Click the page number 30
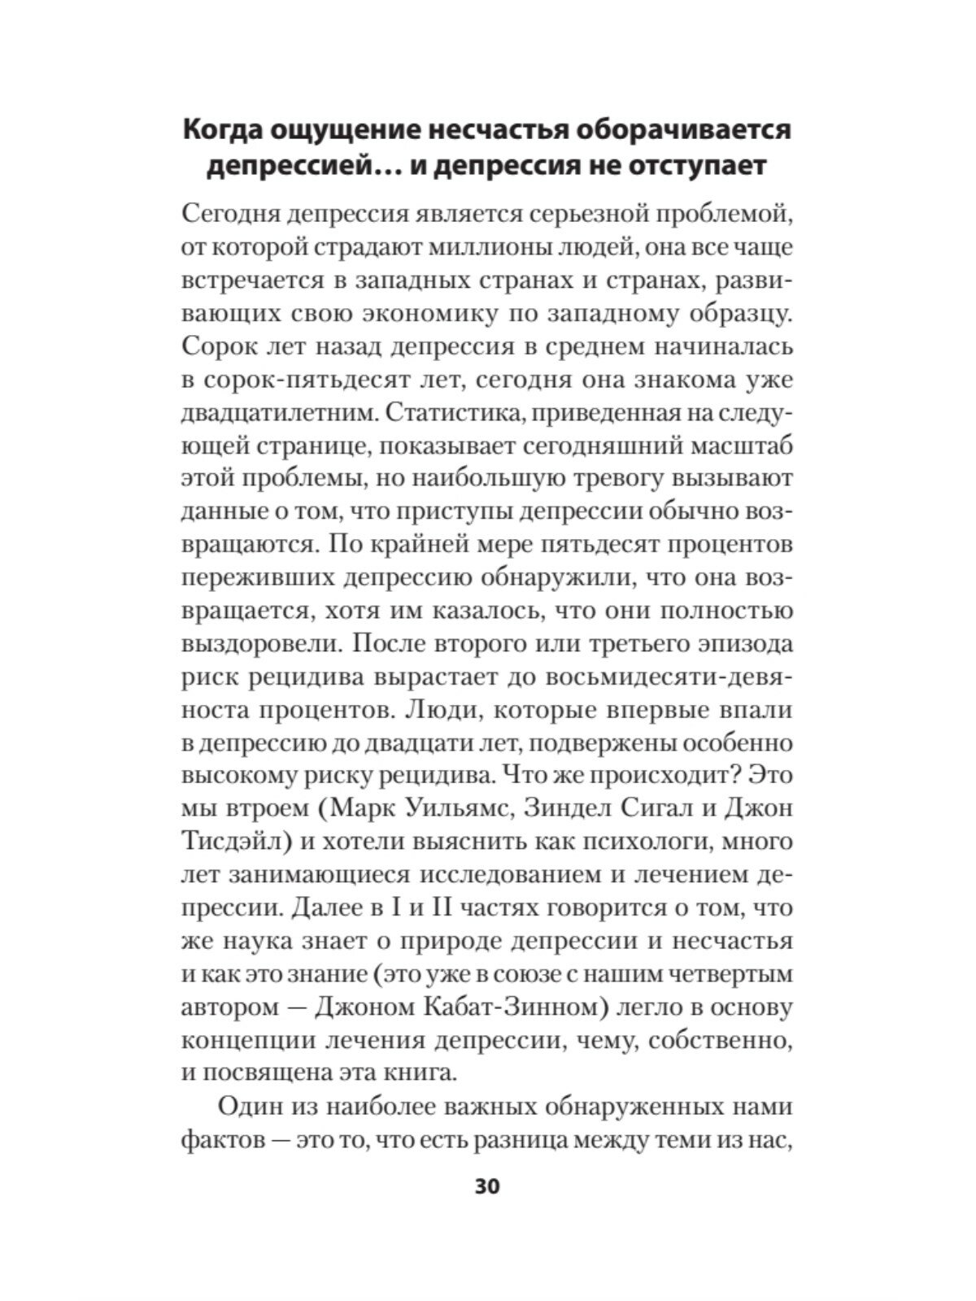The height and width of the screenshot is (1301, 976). coord(487,1186)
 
